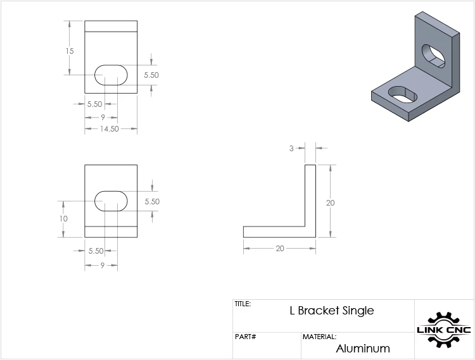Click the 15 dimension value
[x=70, y=51]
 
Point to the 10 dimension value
[x=63, y=218]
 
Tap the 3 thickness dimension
[x=291, y=149]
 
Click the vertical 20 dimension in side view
[x=330, y=202]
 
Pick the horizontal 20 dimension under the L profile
[x=280, y=248]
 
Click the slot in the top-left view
[x=111, y=75]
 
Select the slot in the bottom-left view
[x=111, y=201]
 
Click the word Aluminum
[x=363, y=349]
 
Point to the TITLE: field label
[x=243, y=304]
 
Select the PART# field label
[x=245, y=337]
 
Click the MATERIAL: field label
[x=320, y=337]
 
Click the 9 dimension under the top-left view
[x=103, y=117]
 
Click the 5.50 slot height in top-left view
[x=151, y=75]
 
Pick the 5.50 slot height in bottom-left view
[x=152, y=201]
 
